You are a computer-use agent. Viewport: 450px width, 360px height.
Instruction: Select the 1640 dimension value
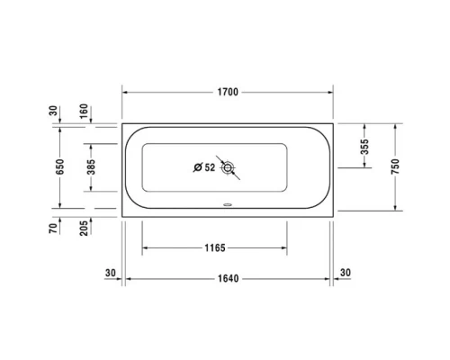pos(227,278)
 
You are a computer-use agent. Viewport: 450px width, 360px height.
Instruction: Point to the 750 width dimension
pos(395,166)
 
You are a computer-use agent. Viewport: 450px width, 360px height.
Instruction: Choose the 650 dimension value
pos(59,167)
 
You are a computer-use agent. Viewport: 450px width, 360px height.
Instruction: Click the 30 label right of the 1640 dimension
pos(346,272)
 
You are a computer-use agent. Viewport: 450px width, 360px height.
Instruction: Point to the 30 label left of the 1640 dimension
pos(110,272)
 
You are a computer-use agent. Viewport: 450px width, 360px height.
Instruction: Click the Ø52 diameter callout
pos(204,167)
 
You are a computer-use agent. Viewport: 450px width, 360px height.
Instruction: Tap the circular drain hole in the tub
pos(229,167)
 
